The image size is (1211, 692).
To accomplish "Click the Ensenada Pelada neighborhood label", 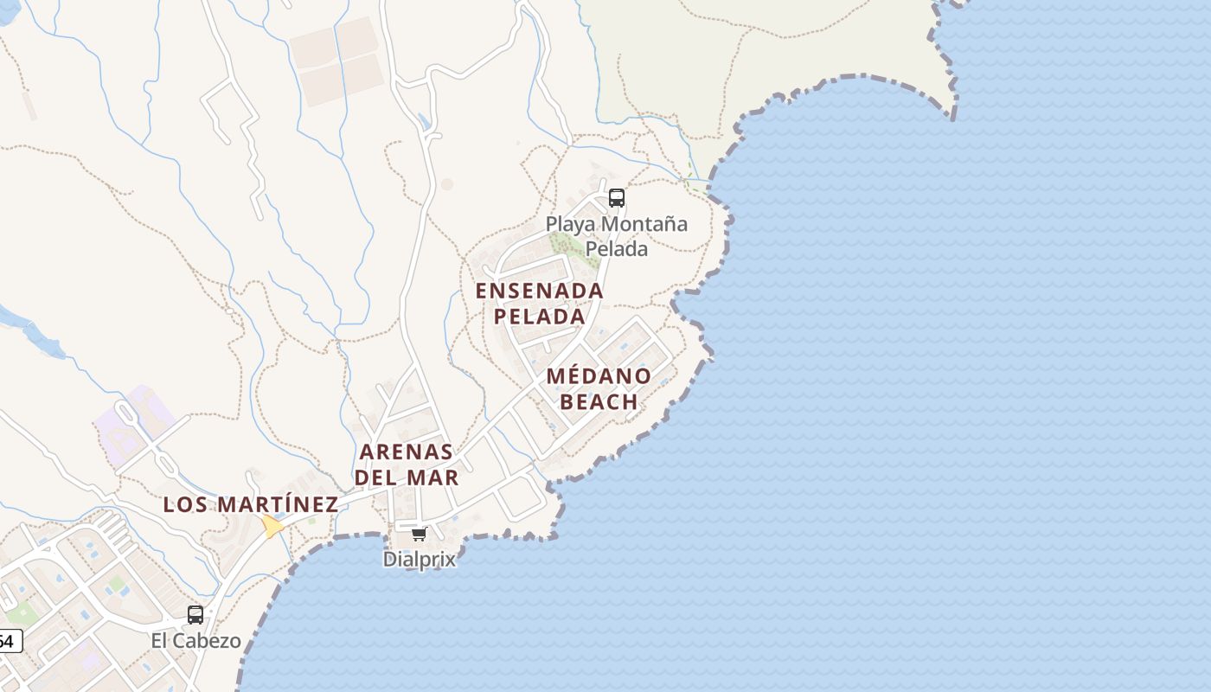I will pyautogui.click(x=540, y=303).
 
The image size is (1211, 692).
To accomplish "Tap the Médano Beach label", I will pyautogui.click(x=599, y=388).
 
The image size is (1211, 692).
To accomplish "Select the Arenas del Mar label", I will pyautogui.click(x=407, y=465).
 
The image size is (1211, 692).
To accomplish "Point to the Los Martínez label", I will pyautogui.click(x=251, y=504).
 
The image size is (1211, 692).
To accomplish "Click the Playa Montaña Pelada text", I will pyautogui.click(x=617, y=236).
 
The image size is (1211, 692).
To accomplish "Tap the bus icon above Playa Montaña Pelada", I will pyautogui.click(x=617, y=198).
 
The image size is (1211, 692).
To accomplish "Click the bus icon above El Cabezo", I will pyautogui.click(x=195, y=615).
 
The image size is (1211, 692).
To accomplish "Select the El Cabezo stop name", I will pyautogui.click(x=195, y=641).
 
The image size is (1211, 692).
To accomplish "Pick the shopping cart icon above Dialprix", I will pyautogui.click(x=420, y=534).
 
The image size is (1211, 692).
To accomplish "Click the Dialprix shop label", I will pyautogui.click(x=420, y=559).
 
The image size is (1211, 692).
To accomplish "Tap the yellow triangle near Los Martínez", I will pyautogui.click(x=272, y=527).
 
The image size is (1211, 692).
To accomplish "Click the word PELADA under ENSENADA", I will pyautogui.click(x=540, y=316).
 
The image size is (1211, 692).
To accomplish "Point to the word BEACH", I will pyautogui.click(x=599, y=401).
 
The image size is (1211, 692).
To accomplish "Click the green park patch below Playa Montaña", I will pyautogui.click(x=566, y=241).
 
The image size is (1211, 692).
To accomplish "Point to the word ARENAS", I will pyautogui.click(x=407, y=452).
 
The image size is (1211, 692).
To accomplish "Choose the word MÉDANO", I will pyautogui.click(x=599, y=376).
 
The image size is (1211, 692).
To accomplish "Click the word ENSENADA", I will pyautogui.click(x=540, y=291).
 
